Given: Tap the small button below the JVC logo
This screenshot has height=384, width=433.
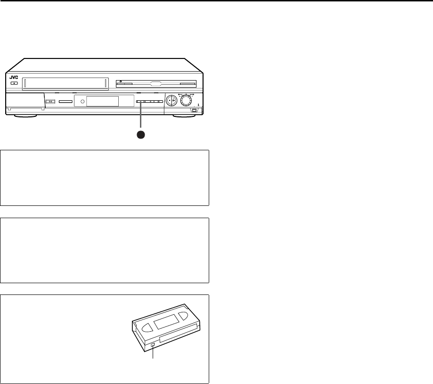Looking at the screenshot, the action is [14, 83].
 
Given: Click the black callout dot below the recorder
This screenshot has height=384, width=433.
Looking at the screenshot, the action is [140, 134].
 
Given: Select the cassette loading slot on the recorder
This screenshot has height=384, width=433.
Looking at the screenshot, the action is [66, 83].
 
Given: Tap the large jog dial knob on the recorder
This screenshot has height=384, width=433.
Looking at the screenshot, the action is [188, 100].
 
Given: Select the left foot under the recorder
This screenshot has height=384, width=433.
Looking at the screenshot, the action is [25, 115].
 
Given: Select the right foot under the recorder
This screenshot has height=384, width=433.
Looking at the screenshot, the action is [185, 115].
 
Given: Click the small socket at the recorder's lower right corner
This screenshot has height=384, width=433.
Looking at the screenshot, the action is [195, 111].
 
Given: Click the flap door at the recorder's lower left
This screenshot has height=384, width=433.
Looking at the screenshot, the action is [25, 101].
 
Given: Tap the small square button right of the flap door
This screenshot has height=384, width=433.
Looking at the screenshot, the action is [51, 101].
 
